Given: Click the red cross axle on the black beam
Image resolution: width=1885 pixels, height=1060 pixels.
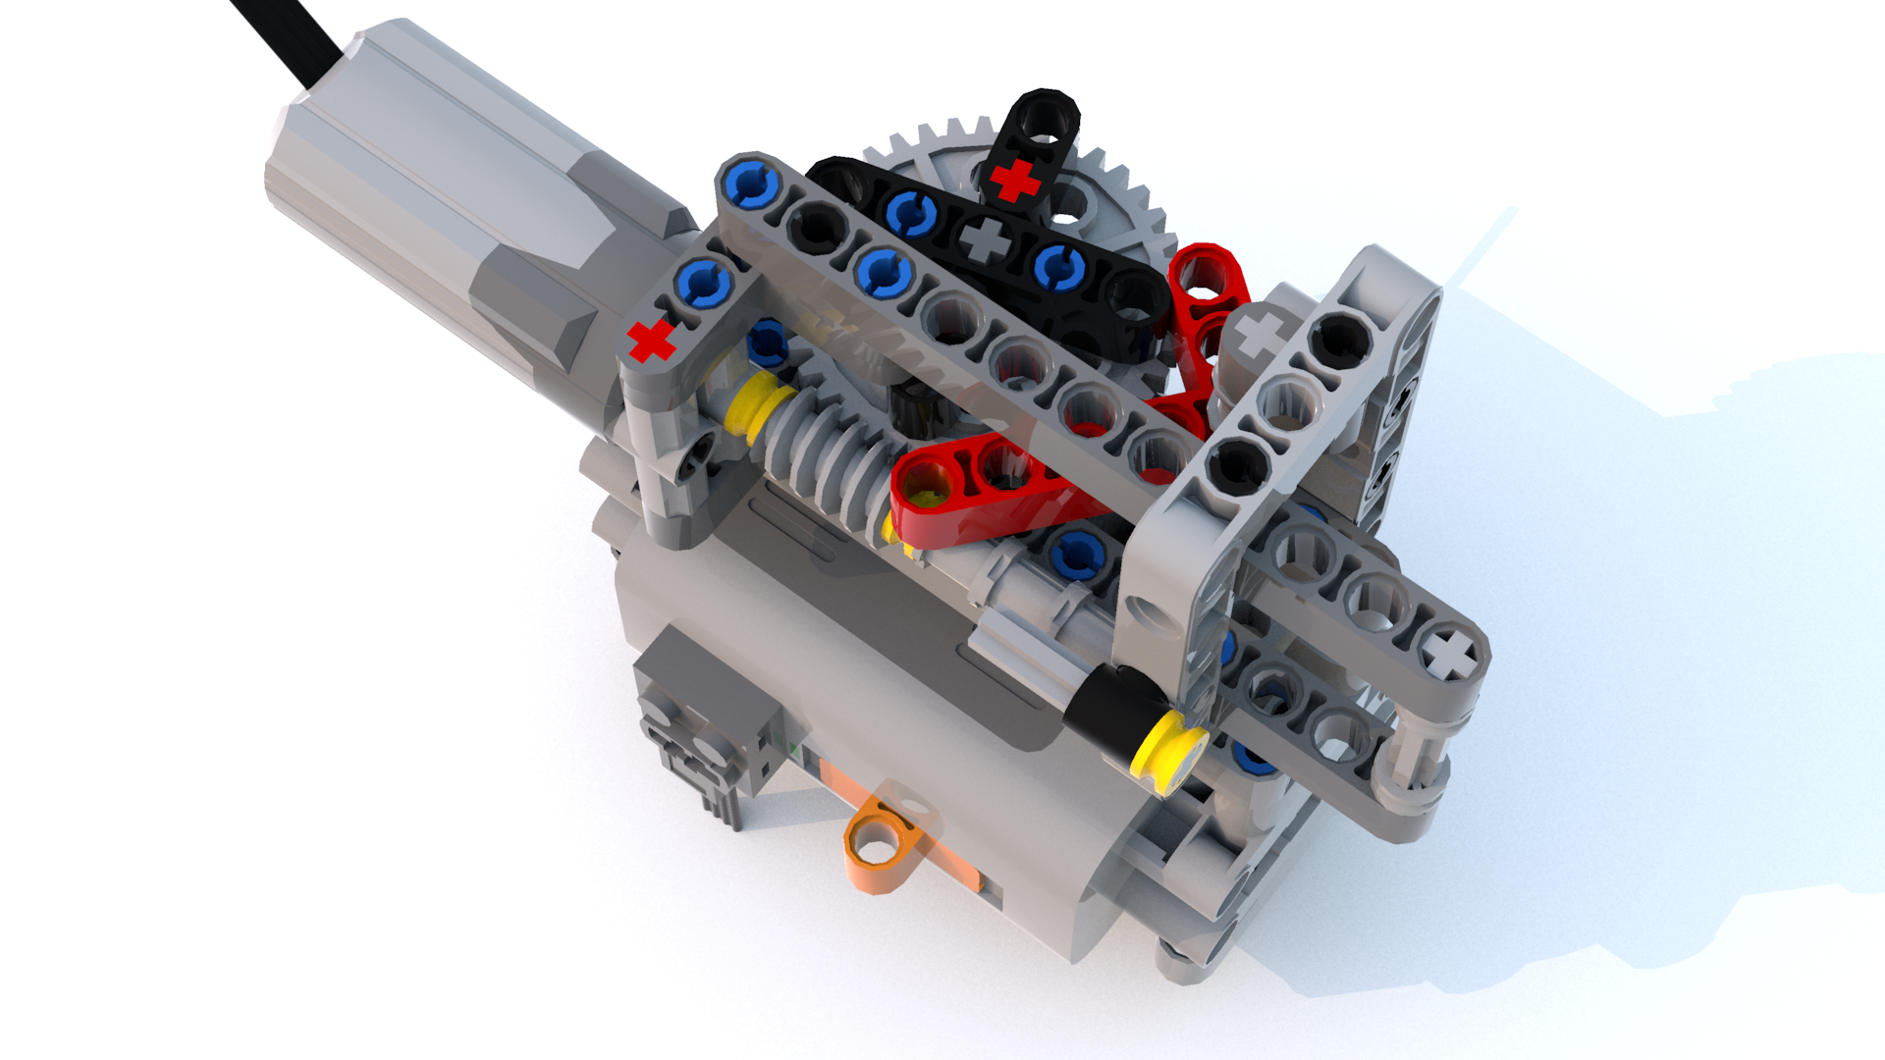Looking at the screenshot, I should point(1015,183).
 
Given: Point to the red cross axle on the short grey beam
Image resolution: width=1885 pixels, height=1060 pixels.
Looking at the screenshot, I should point(651,341).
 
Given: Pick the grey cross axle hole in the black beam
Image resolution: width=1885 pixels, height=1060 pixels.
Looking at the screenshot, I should point(985,238).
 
